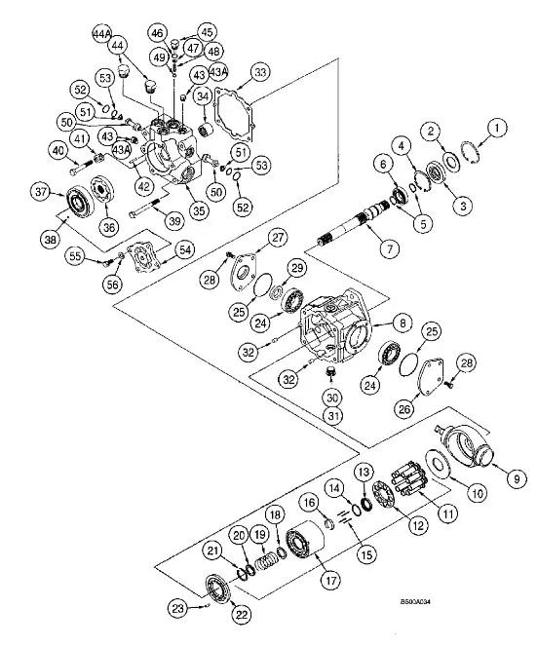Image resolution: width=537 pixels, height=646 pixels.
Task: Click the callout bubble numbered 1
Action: click(x=500, y=127)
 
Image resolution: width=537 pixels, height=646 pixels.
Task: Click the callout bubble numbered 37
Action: click(x=41, y=192)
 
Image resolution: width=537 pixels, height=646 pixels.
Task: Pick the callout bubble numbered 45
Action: click(x=207, y=32)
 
